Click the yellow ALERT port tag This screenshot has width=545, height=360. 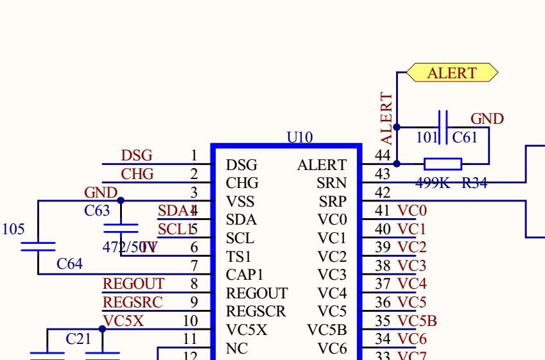click(x=452, y=73)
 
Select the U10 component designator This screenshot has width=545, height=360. click(x=300, y=137)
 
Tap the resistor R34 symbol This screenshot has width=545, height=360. click(x=443, y=164)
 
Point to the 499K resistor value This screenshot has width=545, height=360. click(x=433, y=183)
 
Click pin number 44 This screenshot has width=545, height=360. click(x=383, y=155)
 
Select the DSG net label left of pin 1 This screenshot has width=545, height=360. click(x=137, y=155)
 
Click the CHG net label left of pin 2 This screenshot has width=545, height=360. click(x=137, y=174)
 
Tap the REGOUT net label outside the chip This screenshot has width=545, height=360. click(x=134, y=284)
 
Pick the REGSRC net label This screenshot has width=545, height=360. click(x=133, y=302)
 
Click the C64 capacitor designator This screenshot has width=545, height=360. click(x=70, y=264)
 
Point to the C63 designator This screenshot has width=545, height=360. click(x=97, y=210)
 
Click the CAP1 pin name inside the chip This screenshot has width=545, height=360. click(x=245, y=275)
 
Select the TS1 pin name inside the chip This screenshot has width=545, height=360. click(x=239, y=257)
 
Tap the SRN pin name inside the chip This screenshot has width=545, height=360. click(x=331, y=184)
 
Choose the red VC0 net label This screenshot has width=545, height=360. click(x=412, y=210)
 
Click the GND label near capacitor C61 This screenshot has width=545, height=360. click(x=487, y=119)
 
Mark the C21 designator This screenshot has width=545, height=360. click(x=79, y=339)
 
